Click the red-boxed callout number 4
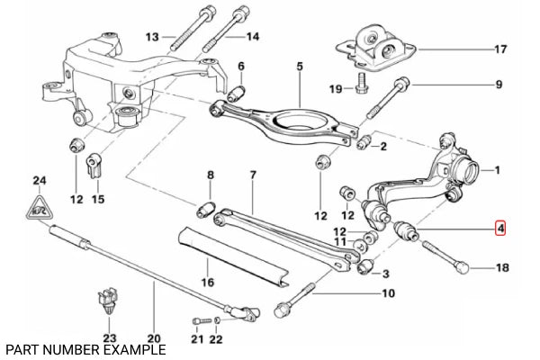[x=499, y=230]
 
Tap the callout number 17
[x=501, y=50]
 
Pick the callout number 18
[x=501, y=268]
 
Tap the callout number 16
[x=208, y=282]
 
